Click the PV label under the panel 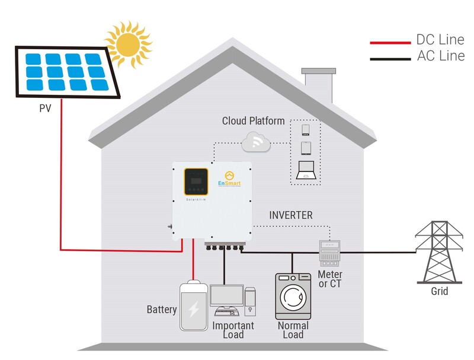46,109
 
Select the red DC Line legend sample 390,43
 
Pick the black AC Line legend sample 390,58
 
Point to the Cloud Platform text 253,121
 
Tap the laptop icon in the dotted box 305,170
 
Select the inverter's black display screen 196,181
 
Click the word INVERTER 290,215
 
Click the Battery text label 162,310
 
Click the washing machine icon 293,296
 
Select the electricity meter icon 329,253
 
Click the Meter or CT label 330,279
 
